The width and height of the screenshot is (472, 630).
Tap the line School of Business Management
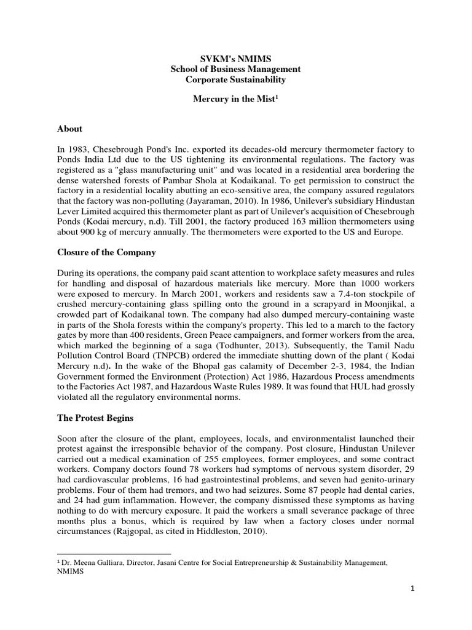point(235,70)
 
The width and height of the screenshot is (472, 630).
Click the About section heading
point(69,129)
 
